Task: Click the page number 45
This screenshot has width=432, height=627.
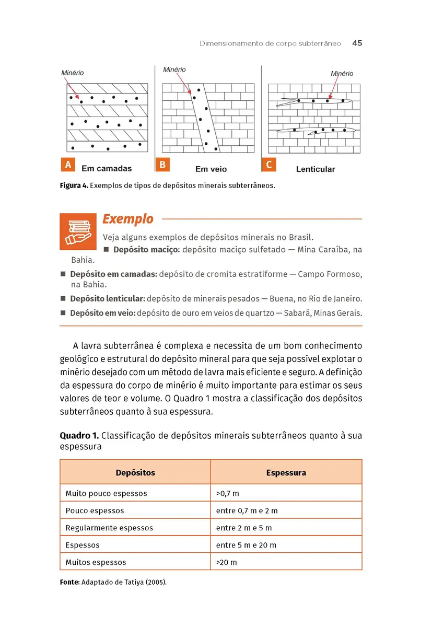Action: [x=357, y=43]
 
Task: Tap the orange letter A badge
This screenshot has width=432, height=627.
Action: [x=67, y=165]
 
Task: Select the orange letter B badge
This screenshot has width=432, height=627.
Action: [x=162, y=165]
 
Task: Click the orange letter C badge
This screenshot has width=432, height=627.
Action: [x=268, y=165]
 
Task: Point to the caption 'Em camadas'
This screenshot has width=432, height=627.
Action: [x=107, y=169]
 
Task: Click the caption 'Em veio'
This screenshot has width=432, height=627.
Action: [x=211, y=169]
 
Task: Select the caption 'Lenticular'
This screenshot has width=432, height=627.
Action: [x=316, y=169]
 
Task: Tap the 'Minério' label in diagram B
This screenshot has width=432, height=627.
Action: [x=174, y=69]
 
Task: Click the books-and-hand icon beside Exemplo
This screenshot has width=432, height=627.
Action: [x=78, y=231]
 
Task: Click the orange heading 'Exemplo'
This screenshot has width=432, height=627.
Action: [x=128, y=219]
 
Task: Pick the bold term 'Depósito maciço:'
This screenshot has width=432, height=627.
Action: [x=146, y=250]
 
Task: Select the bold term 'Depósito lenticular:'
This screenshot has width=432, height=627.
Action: [x=108, y=299]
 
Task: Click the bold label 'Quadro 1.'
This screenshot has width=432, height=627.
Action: [x=79, y=436]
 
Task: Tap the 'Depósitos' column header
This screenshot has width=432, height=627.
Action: [x=135, y=473]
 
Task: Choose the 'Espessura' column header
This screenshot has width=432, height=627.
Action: [x=286, y=473]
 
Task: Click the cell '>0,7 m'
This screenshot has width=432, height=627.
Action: [x=227, y=493]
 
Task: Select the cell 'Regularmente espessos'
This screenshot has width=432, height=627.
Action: [x=109, y=528]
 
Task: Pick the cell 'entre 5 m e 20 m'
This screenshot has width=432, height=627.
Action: [x=246, y=545]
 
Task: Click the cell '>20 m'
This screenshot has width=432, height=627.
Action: [x=226, y=562]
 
